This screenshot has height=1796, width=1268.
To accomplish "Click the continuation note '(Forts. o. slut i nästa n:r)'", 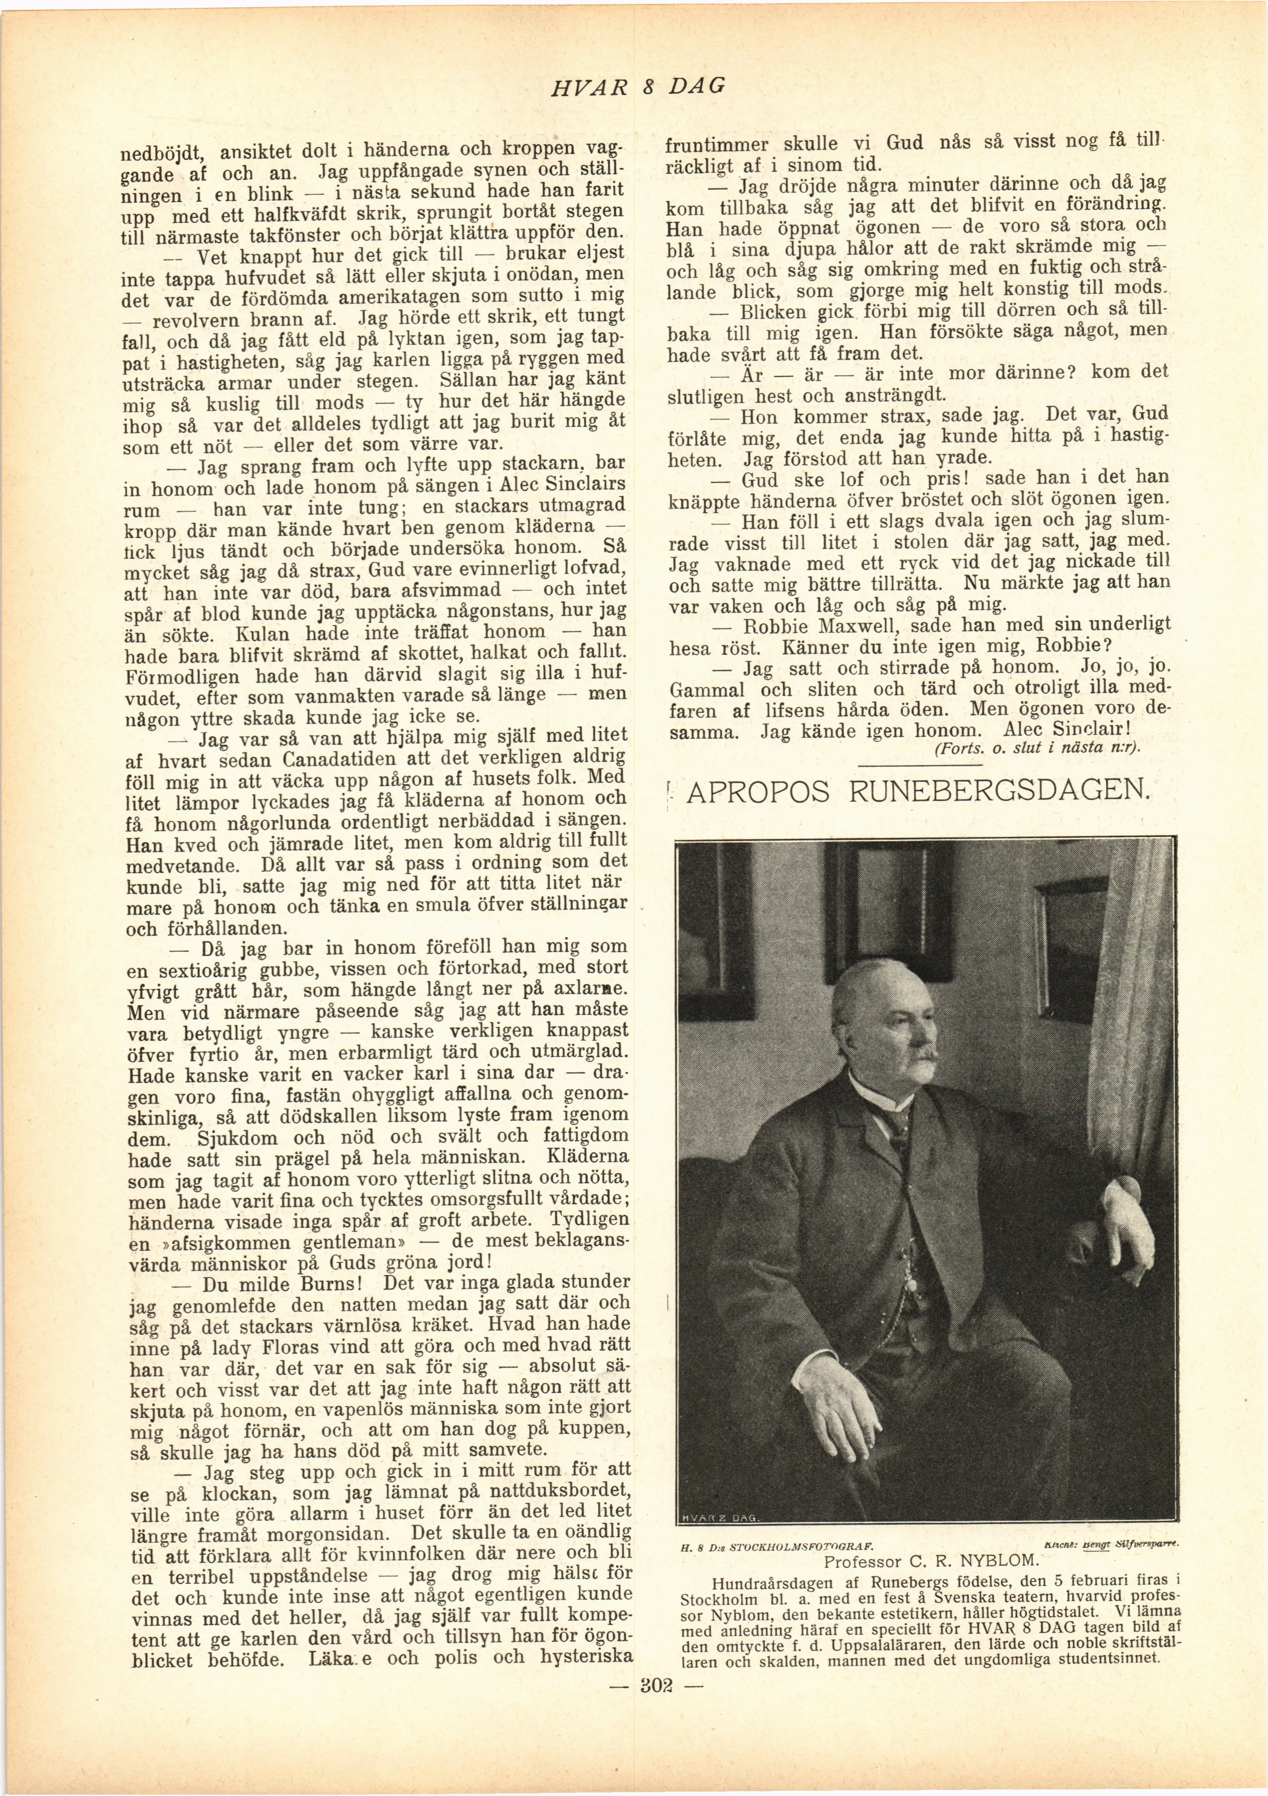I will (x=1037, y=747).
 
